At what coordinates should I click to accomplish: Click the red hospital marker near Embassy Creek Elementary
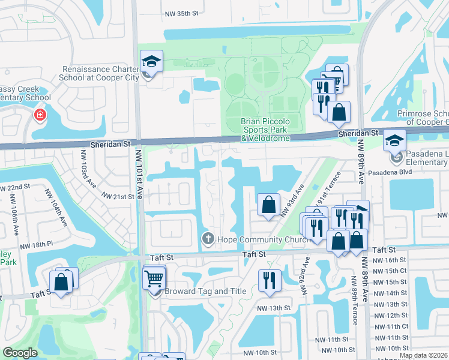(x=40, y=114)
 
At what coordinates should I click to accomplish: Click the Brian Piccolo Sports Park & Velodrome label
(x=265, y=130)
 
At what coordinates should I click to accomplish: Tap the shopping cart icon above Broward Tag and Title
(x=154, y=278)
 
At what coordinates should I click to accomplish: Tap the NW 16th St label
(x=391, y=260)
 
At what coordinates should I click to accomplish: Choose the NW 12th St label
(x=391, y=315)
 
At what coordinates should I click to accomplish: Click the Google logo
(x=20, y=353)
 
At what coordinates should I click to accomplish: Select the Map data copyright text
(x=423, y=355)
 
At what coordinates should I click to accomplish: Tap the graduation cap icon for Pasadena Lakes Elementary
(x=394, y=140)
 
